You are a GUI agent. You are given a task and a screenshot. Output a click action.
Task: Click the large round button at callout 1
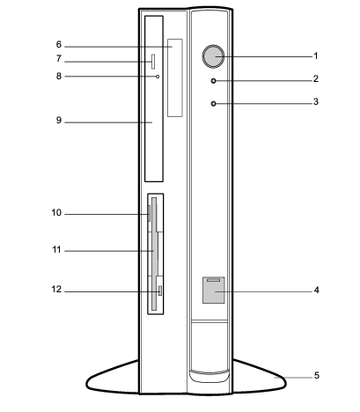click(213, 56)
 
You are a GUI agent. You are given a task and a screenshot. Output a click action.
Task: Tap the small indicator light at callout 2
click(213, 80)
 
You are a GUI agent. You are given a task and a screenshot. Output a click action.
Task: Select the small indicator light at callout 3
click(213, 103)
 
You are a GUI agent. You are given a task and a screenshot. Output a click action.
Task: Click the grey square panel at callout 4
click(214, 290)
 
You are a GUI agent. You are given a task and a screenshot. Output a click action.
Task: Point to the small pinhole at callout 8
click(158, 77)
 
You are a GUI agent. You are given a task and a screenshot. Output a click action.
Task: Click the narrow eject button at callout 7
click(153, 62)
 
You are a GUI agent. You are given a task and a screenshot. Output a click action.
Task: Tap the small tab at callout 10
click(149, 214)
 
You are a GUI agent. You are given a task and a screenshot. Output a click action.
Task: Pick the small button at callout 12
click(160, 291)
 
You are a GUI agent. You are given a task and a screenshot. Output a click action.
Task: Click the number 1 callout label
click(316, 55)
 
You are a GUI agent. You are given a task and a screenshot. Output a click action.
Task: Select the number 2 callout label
click(316, 78)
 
